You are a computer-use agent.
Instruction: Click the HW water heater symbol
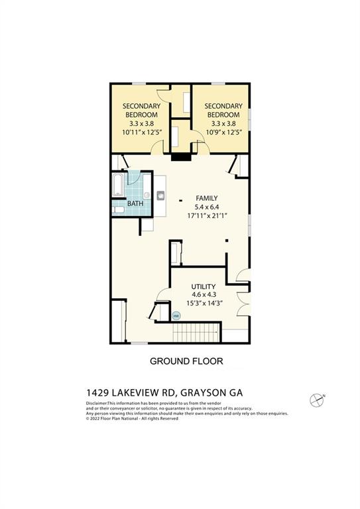pos(176,316)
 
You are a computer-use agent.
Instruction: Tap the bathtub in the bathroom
pos(117,186)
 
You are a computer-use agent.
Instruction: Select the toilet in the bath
pos(117,209)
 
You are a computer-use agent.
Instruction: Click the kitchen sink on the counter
pos(160,195)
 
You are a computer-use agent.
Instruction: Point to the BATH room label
pos(135,203)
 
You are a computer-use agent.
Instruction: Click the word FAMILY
pos(206,198)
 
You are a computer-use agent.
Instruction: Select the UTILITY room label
pos(204,286)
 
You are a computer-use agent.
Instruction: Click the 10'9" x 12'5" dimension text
pos(222,132)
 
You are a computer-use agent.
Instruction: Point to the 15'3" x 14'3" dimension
pos(204,304)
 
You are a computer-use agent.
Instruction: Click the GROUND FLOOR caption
pos(186,361)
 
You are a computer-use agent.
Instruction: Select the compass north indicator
pos(317,399)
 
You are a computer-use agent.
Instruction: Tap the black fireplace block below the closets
pos(180,157)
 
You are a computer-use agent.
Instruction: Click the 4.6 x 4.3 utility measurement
pos(204,295)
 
